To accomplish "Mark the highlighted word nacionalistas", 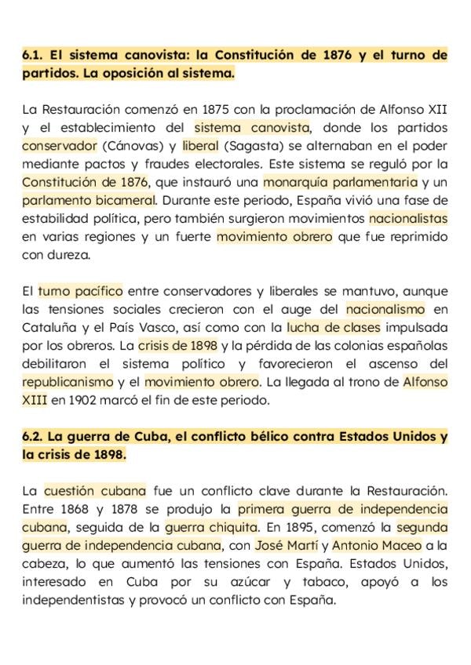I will click(x=408, y=218).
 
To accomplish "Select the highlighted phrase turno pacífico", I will click(x=80, y=291).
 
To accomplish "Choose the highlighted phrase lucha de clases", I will click(x=334, y=327).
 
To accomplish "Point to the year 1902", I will click(x=83, y=400).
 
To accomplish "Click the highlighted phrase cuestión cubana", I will click(x=95, y=491).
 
